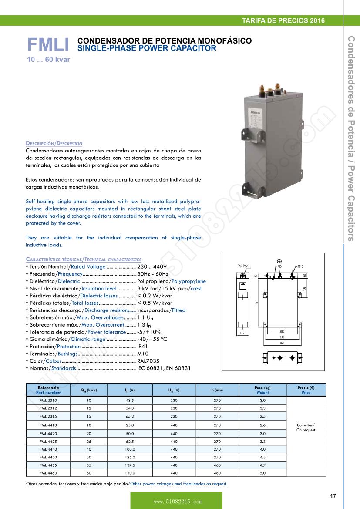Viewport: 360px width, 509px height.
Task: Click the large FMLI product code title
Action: [48, 45]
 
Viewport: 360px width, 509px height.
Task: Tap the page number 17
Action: [333, 496]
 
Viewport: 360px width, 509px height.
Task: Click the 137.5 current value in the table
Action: [130, 465]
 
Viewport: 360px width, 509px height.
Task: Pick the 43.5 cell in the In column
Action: [130, 400]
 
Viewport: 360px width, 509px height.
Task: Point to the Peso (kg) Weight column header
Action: [262, 390]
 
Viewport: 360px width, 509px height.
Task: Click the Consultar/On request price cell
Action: [306, 427]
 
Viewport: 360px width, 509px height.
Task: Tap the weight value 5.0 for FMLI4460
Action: [262, 473]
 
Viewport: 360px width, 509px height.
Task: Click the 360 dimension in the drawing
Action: [282, 343]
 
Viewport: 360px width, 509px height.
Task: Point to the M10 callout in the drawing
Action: [300, 266]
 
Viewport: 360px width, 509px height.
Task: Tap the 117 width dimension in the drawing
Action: [242, 333]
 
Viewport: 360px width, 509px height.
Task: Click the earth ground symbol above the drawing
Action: [279, 261]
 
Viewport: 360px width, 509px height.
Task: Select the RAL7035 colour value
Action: [148, 361]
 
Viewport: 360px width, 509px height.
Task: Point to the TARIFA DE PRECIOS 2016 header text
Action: [283, 20]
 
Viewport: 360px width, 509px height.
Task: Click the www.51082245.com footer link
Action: [176, 502]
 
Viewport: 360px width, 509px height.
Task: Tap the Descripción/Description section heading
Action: [54, 143]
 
